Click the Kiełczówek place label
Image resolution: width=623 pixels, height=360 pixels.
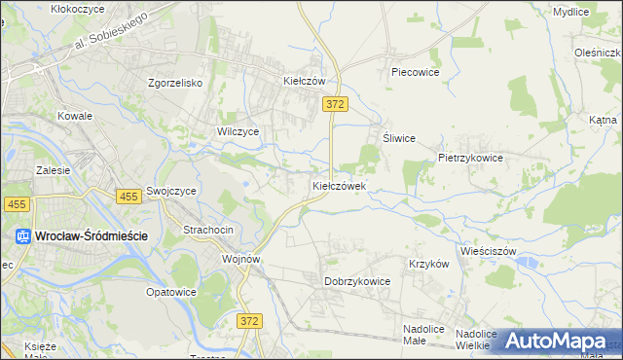[339, 185]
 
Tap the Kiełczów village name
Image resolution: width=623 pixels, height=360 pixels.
[303, 82]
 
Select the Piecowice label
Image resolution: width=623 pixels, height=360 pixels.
[416, 72]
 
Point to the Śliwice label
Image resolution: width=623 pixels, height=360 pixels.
[399, 138]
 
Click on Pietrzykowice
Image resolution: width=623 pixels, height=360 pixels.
[470, 157]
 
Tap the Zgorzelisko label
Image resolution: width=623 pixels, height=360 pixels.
[174, 83]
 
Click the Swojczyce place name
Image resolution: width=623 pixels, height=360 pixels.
[172, 192]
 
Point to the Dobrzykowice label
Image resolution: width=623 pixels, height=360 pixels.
[356, 281]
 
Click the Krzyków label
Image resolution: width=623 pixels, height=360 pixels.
[428, 264]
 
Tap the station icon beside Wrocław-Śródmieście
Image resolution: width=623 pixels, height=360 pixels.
[23, 235]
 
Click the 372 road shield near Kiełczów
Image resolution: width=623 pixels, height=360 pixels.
[336, 104]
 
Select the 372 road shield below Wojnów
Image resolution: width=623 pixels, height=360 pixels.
[249, 319]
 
